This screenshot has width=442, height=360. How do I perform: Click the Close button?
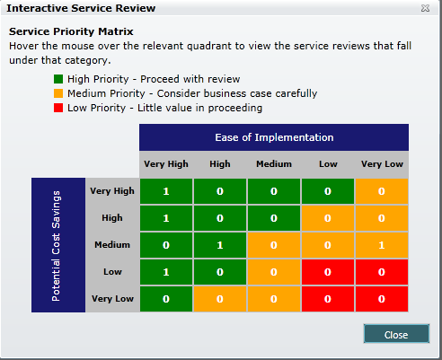pos(396,333)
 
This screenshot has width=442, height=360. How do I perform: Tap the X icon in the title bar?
pos(425,8)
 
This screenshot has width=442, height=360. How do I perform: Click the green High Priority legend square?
pos(58,79)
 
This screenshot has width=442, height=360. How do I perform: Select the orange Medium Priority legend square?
pos(58,93)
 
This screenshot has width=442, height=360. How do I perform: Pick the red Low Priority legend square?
pos(58,108)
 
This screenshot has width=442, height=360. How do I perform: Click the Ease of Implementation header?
pos(274,137)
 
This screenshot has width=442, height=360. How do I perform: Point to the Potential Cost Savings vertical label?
pos(56,245)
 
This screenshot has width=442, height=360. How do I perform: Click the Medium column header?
pos(274,164)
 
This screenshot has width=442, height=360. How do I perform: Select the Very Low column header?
pos(382,164)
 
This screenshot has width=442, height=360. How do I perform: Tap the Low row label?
pos(112,272)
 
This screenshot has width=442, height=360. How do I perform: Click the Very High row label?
pos(112,191)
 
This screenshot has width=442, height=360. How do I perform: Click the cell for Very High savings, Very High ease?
pos(166,191)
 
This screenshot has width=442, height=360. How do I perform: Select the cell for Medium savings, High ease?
pos(220,245)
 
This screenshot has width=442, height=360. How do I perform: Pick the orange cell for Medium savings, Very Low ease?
pos(382,245)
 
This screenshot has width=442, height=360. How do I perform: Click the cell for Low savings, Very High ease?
pos(166,272)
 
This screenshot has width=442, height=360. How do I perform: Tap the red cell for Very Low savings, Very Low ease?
pos(382,299)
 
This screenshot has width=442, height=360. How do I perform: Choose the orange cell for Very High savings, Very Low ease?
pos(382,191)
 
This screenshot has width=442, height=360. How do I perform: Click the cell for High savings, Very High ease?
pos(166,218)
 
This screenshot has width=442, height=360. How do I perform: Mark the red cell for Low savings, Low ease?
pos(328,272)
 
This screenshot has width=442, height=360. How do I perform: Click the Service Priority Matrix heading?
pos(71,31)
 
